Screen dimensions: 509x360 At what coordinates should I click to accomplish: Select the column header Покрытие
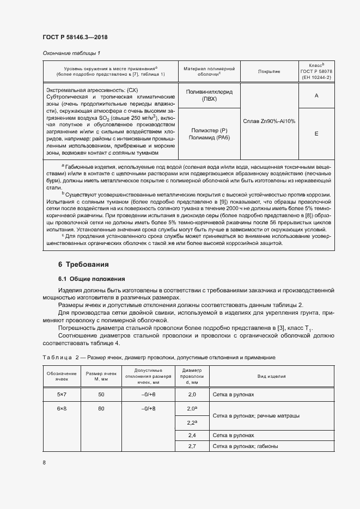pos(269,71)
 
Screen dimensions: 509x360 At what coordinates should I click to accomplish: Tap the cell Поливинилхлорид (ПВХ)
pos(209,96)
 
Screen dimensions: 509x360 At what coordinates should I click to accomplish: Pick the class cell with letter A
pos(316,95)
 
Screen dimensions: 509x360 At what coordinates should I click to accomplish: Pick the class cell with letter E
pos(316,133)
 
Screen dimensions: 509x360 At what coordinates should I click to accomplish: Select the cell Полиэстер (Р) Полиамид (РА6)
pos(209,134)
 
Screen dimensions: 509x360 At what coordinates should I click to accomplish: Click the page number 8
pos(44,462)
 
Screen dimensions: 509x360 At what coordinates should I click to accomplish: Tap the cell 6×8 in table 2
pos(62,408)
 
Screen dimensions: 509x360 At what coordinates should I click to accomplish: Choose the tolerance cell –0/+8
pos(148,408)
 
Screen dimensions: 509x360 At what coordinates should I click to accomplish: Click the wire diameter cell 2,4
pos(192,436)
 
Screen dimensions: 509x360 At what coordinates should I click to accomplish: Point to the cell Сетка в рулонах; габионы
pos(246,446)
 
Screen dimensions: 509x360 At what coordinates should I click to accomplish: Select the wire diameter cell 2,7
pos(192,446)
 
